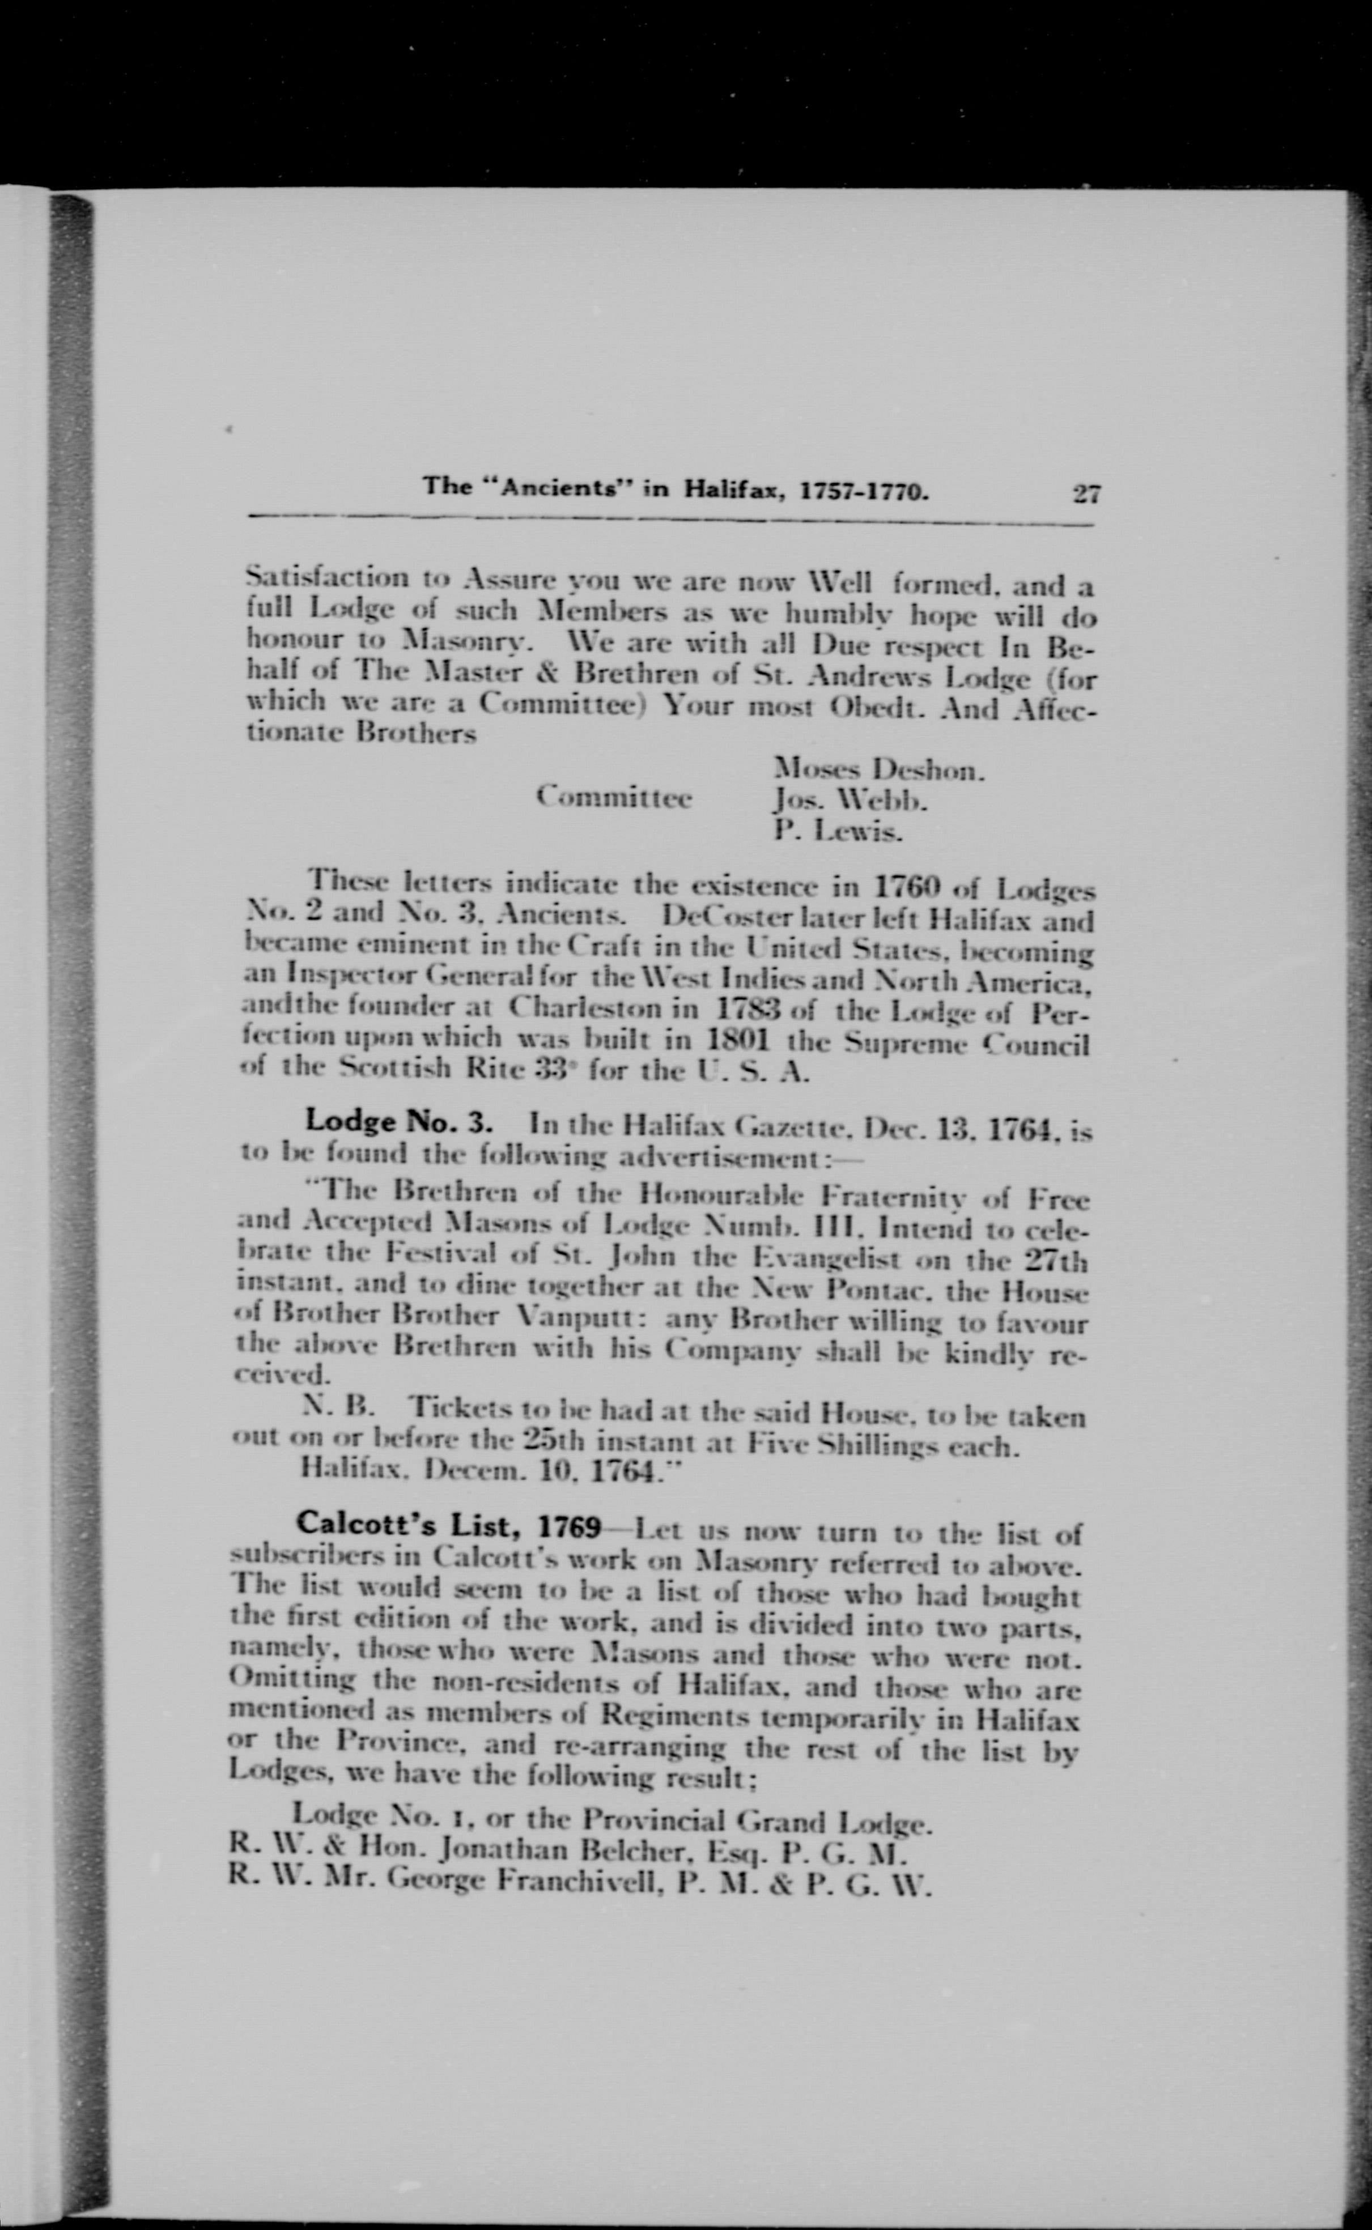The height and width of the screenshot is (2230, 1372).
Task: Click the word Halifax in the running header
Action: (733, 490)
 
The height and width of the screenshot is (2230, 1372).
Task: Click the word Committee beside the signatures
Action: (614, 798)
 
